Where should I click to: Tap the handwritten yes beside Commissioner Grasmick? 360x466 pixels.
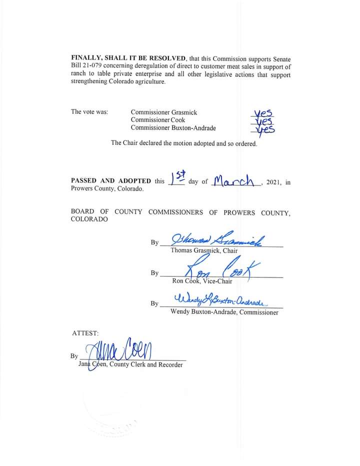[x=264, y=113]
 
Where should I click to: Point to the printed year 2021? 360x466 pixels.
[x=274, y=182]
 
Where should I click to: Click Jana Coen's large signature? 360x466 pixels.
[x=120, y=350]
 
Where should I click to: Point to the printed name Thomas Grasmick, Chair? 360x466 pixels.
[x=204, y=250]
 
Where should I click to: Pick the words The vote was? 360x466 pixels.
[x=89, y=112]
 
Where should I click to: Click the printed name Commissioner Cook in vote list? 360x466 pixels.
[x=158, y=120]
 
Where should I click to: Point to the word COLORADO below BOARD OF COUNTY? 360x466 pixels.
[x=89, y=220]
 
